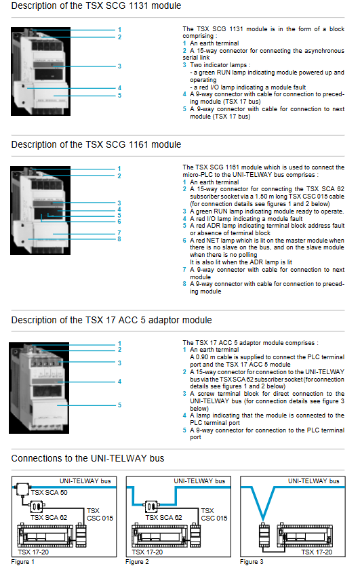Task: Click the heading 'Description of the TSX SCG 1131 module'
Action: [96, 6]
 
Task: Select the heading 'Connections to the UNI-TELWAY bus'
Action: [87, 458]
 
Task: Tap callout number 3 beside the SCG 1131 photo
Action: [119, 66]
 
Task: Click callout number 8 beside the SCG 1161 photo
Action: [119, 239]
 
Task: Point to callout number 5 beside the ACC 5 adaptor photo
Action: [119, 405]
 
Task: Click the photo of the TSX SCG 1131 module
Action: [41, 72]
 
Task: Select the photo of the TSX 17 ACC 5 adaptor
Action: [39, 388]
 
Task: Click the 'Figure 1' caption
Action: [22, 562]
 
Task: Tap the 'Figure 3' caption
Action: [252, 562]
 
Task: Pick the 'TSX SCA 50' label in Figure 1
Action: [49, 493]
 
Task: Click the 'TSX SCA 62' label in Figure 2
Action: [163, 518]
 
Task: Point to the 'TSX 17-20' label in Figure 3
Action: [317, 552]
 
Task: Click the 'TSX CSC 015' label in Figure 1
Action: [100, 514]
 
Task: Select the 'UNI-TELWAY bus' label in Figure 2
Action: [199, 481]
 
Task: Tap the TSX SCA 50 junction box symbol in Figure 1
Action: [22, 489]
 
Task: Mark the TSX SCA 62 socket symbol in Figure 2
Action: [151, 506]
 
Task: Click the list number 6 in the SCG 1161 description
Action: [184, 241]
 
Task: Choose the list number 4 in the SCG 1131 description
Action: [184, 94]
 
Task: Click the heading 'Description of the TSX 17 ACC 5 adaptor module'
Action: [111, 321]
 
